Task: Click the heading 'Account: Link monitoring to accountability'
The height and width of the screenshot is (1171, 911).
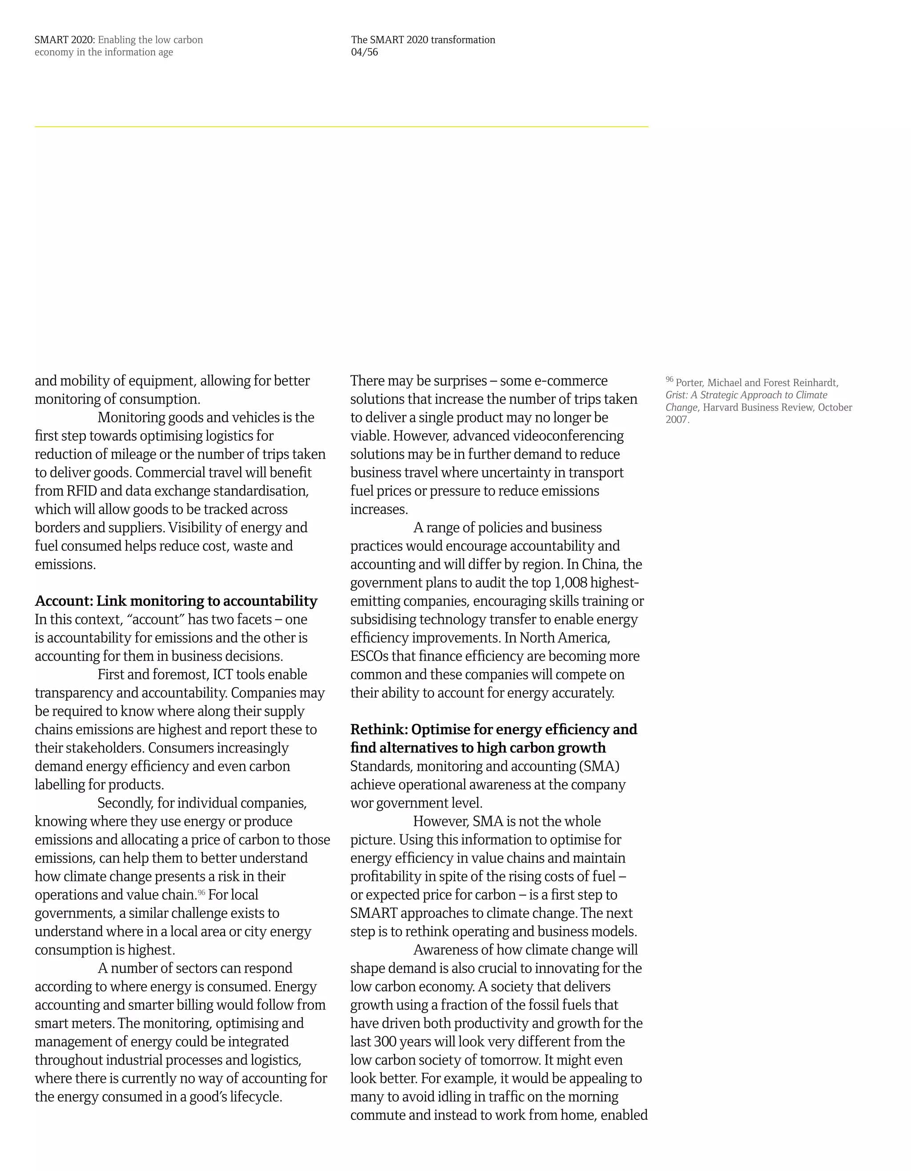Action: pos(176,600)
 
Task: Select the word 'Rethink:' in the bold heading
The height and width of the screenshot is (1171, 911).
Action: pos(379,729)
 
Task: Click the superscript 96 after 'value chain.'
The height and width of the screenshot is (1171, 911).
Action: pos(202,893)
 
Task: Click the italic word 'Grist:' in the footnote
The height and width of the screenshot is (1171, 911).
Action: pos(676,395)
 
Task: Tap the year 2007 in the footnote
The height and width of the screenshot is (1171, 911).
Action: pos(677,420)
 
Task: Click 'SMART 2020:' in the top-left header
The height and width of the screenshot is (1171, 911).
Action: pos(64,40)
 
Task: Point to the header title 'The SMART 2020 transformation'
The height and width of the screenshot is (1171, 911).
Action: pos(423,40)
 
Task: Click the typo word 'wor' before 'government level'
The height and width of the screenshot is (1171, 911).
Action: pos(361,803)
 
